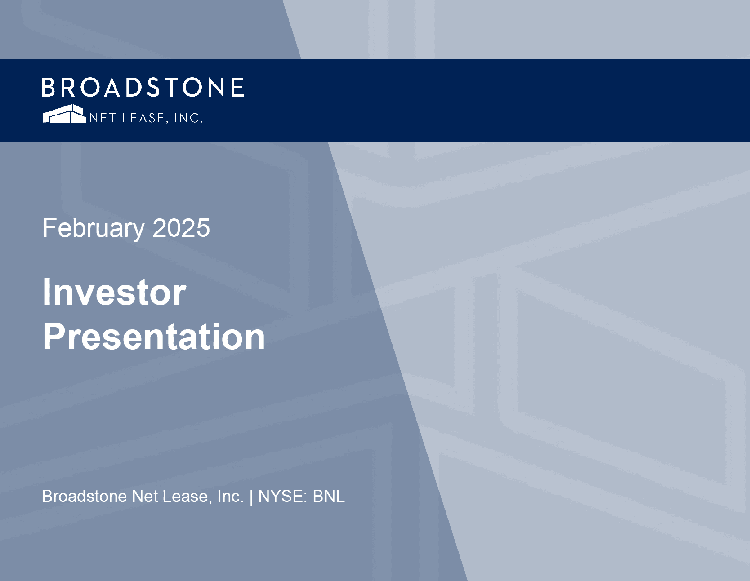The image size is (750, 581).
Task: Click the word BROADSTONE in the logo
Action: (x=143, y=87)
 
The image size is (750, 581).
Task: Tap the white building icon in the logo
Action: (x=64, y=114)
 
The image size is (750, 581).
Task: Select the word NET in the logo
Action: (x=103, y=118)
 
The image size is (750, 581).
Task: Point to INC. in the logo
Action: (x=188, y=118)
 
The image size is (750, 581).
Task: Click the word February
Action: (x=94, y=229)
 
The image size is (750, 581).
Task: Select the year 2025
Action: (x=181, y=228)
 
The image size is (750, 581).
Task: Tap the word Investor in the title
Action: (x=114, y=292)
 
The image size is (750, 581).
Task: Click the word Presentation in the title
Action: (x=154, y=337)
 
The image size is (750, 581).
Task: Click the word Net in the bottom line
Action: (x=145, y=496)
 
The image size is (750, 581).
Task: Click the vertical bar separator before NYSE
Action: (x=251, y=497)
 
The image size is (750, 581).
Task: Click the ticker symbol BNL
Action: (x=329, y=496)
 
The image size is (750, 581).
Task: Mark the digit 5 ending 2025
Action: (x=203, y=228)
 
